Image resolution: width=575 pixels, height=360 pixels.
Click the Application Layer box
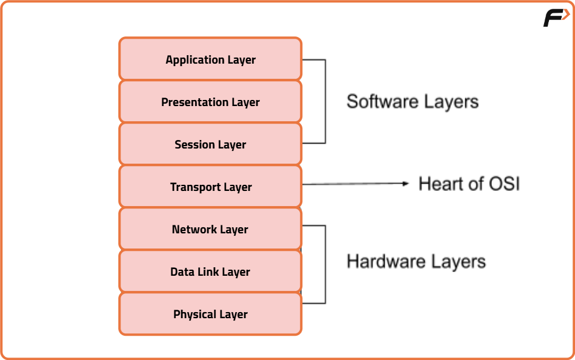pyautogui.click(x=210, y=59)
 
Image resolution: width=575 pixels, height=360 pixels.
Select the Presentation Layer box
pyautogui.click(x=210, y=102)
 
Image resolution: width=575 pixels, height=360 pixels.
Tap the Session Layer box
pyautogui.click(x=210, y=144)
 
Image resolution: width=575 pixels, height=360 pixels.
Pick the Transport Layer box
pyautogui.click(x=210, y=187)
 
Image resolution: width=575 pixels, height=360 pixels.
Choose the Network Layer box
pyautogui.click(x=210, y=229)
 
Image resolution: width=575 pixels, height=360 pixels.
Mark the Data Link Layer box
pyautogui.click(x=210, y=272)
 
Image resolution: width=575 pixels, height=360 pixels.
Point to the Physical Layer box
pyautogui.click(x=210, y=314)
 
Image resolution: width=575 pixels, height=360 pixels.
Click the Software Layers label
pyautogui.click(x=412, y=101)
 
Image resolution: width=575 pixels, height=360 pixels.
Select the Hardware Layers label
pyautogui.click(x=416, y=261)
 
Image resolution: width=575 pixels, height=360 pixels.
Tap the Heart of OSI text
pyautogui.click(x=469, y=184)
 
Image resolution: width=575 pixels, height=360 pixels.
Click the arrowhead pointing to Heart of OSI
pyautogui.click(x=407, y=184)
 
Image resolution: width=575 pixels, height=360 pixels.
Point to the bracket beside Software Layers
pyautogui.click(x=325, y=101)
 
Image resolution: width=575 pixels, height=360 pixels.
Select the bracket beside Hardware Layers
pyautogui.click(x=325, y=264)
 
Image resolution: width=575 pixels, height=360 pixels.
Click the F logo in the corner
pyautogui.click(x=555, y=18)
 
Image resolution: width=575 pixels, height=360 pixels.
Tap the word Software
pyautogui.click(x=380, y=101)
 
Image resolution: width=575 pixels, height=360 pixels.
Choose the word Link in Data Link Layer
pyautogui.click(x=207, y=272)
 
